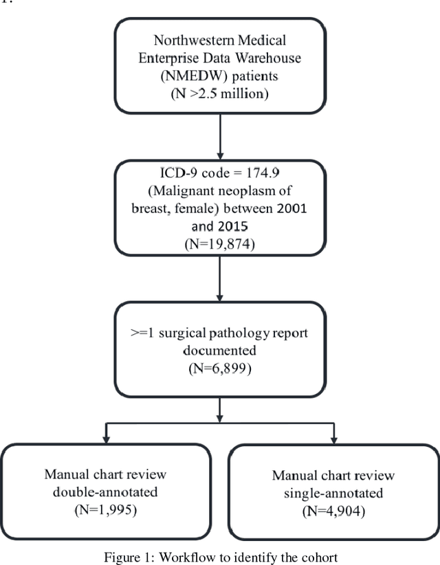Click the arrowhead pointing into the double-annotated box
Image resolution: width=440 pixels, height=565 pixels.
click(107, 439)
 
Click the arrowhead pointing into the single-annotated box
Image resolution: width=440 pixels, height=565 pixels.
click(333, 439)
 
